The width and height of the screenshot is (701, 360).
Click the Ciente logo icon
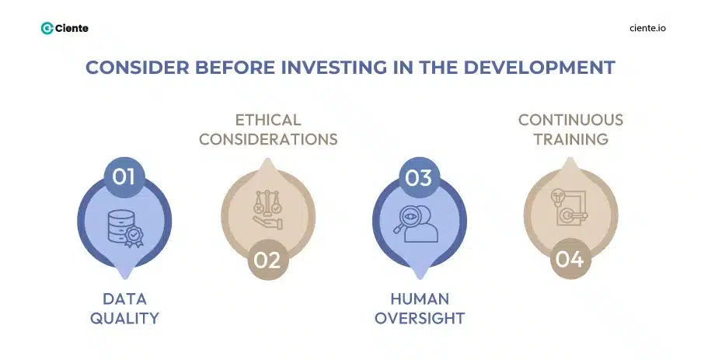click(47, 28)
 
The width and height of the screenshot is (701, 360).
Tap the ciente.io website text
click(647, 28)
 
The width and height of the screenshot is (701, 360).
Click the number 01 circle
click(124, 177)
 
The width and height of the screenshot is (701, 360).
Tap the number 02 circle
click(267, 259)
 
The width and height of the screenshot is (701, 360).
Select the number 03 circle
click(419, 177)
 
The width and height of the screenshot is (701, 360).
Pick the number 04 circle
click(570, 259)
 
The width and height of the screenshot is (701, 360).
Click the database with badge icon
click(124, 221)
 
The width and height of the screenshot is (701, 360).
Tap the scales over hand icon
click(268, 209)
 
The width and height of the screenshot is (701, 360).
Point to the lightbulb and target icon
click(570, 209)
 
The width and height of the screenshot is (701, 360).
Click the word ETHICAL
click(268, 121)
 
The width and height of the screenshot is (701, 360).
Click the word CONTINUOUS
click(570, 121)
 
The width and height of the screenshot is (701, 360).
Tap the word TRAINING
click(570, 139)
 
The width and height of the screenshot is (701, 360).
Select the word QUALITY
click(124, 318)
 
